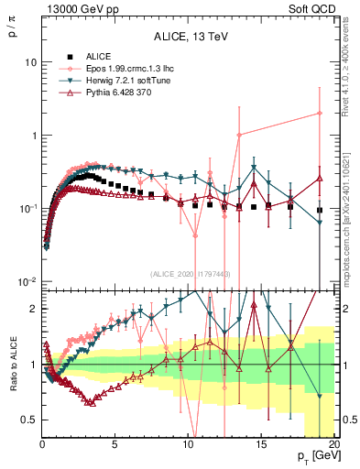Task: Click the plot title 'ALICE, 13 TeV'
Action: click(190, 37)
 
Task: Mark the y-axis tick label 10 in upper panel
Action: click(29, 62)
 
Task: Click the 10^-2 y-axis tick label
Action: click(27, 281)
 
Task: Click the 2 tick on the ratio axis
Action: click(33, 309)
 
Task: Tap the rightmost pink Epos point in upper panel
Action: click(320, 114)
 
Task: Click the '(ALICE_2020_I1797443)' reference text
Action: click(190, 274)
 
